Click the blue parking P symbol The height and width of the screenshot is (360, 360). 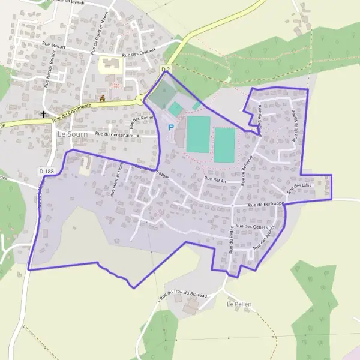click(171, 127)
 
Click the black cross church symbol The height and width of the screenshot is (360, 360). click(44, 113)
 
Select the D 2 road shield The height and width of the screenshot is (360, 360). click(166, 70)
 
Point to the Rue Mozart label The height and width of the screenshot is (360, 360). click(55, 45)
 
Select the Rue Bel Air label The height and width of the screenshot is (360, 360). click(215, 179)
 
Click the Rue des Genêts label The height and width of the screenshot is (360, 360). click(251, 226)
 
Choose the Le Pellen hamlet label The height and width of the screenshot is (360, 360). click(238, 305)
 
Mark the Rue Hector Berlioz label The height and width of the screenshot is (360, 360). click(49, 72)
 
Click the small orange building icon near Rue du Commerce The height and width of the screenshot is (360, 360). click(103, 98)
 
